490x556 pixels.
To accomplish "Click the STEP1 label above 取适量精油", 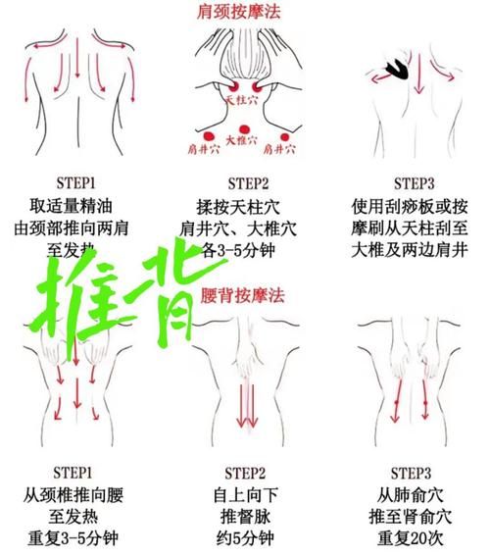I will point(76,183).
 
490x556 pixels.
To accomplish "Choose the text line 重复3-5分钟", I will point(76,539).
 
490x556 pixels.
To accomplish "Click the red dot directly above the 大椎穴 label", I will point(242,125).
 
